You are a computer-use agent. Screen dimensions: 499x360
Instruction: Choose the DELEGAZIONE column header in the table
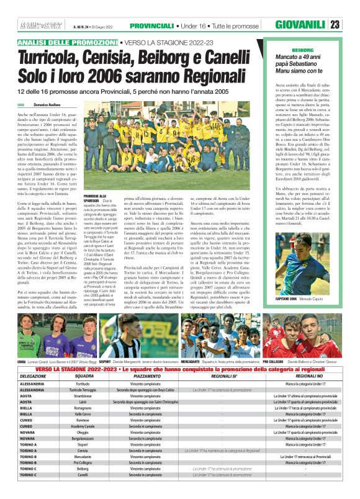pos(33,376)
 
